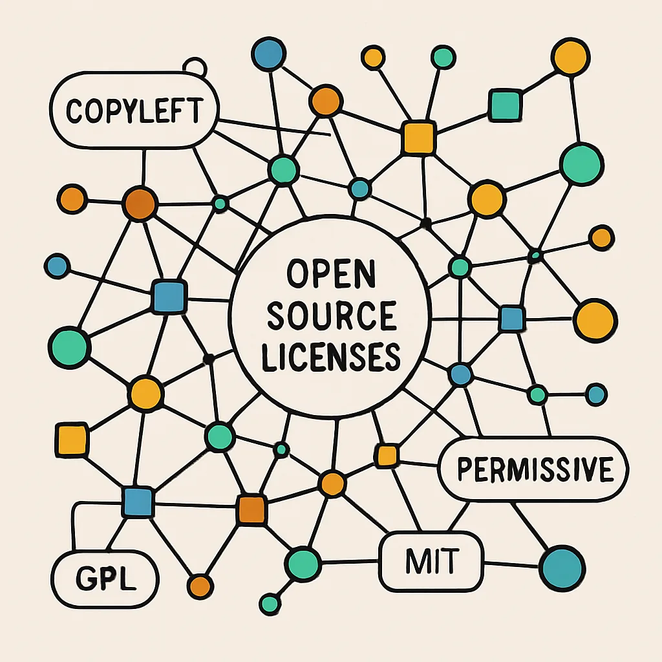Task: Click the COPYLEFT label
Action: pos(134,111)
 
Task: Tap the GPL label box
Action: pos(105,579)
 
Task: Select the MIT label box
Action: pos(431,562)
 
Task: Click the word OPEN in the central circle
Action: pos(331,273)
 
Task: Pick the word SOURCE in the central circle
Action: pos(332,315)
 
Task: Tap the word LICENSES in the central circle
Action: pos(331,357)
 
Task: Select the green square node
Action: pos(506,105)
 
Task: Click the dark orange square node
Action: pos(251,509)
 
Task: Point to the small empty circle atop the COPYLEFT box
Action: pos(195,67)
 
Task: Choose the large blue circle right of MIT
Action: pos(562,568)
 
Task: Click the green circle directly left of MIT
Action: pos(303,564)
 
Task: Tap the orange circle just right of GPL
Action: pos(200,586)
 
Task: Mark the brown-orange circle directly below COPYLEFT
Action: pos(140,204)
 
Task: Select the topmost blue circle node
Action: pos(268,54)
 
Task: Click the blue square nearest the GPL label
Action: pos(138,502)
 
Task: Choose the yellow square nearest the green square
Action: pos(418,137)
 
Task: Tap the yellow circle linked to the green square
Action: pos(570,57)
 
